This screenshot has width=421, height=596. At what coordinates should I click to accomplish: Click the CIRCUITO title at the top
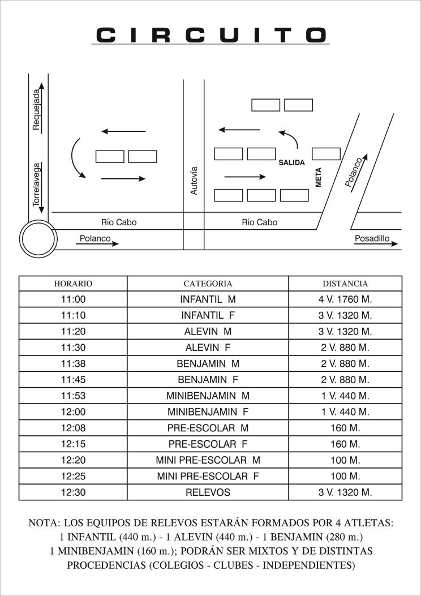point(210,35)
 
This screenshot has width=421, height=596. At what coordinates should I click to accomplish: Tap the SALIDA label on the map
point(291,162)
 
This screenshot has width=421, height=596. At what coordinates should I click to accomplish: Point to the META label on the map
point(318,177)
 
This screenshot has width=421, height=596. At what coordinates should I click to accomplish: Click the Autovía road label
point(194,181)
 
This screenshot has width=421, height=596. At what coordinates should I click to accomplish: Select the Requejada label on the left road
point(36,110)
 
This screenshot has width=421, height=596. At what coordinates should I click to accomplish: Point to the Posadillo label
point(372,239)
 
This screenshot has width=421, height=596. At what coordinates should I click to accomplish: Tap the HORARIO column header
point(73,284)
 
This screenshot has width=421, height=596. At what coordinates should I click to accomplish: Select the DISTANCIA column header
point(345,284)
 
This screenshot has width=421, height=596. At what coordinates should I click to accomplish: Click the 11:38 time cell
point(73,363)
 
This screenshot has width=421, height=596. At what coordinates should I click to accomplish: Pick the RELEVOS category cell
point(208,492)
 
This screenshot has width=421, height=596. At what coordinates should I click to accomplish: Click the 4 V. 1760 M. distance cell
point(345,298)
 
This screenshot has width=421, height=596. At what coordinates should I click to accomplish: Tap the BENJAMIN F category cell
point(208,379)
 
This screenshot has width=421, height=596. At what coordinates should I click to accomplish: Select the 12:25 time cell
point(73,477)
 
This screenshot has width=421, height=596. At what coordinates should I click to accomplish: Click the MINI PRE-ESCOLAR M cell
point(208,460)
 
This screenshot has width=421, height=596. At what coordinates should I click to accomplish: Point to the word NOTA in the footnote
point(43,523)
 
